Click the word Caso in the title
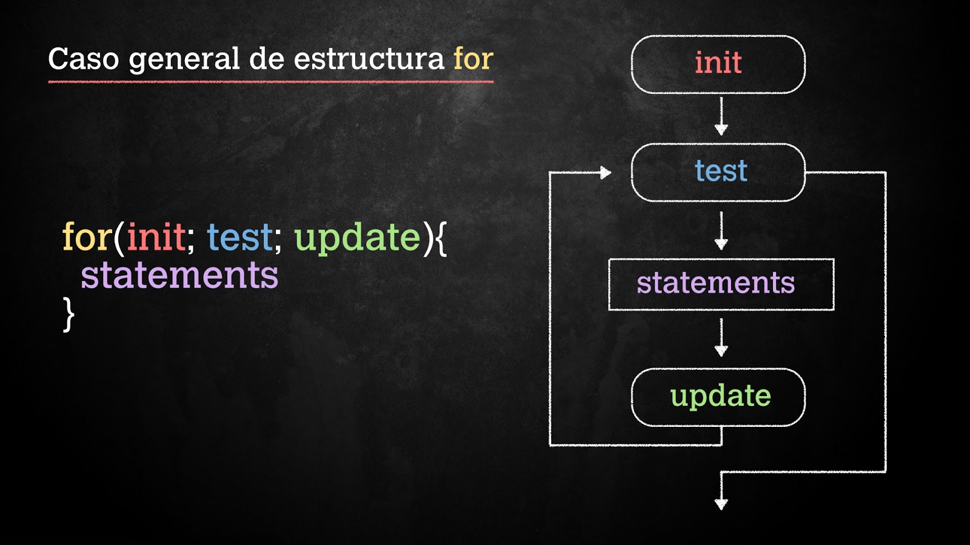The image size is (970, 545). (x=83, y=59)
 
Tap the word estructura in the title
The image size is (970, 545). (x=369, y=59)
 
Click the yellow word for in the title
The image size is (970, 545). (x=473, y=59)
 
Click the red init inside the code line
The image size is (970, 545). (x=156, y=237)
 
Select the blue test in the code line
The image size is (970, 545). (x=240, y=237)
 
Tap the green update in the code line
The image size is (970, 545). (x=357, y=238)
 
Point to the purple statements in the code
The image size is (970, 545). (x=179, y=276)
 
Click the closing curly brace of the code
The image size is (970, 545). (x=69, y=314)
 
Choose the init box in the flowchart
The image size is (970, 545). (x=718, y=64)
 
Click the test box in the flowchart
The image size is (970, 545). (x=718, y=172)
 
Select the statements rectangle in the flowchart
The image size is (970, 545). (x=721, y=284)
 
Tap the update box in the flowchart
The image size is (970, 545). (x=718, y=397)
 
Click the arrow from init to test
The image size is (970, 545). (x=721, y=116)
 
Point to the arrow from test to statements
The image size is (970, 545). (x=721, y=231)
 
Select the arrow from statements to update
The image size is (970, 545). (x=721, y=338)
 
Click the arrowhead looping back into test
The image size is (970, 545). (x=605, y=173)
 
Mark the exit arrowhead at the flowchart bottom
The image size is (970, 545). (x=721, y=504)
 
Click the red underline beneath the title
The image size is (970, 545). (x=270, y=81)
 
